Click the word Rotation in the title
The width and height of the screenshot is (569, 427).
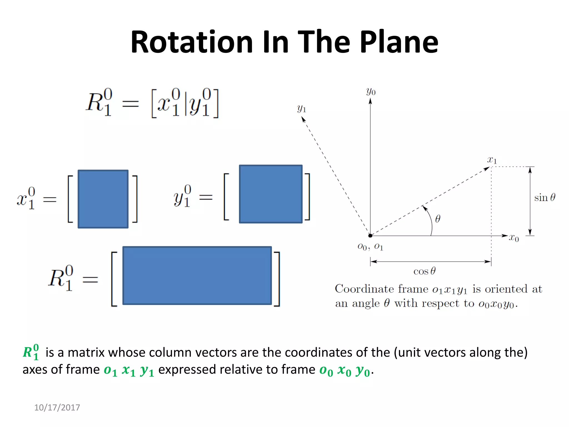(x=192, y=42)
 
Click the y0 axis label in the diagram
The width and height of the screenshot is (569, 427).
(x=371, y=91)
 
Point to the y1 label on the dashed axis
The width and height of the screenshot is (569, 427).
(x=301, y=108)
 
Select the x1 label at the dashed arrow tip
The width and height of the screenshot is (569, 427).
(x=492, y=160)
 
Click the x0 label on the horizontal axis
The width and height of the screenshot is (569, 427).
(x=514, y=238)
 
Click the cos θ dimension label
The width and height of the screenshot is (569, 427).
(x=424, y=271)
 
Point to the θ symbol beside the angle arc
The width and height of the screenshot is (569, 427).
(x=438, y=219)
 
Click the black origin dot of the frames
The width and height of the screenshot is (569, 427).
(x=370, y=236)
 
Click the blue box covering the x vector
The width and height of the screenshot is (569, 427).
(x=103, y=199)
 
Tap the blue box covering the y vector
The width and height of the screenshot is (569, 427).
(x=271, y=194)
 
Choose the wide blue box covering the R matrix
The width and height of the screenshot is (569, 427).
(x=197, y=275)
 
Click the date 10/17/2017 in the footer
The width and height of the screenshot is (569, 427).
(x=57, y=408)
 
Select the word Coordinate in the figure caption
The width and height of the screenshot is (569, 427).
(x=364, y=289)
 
